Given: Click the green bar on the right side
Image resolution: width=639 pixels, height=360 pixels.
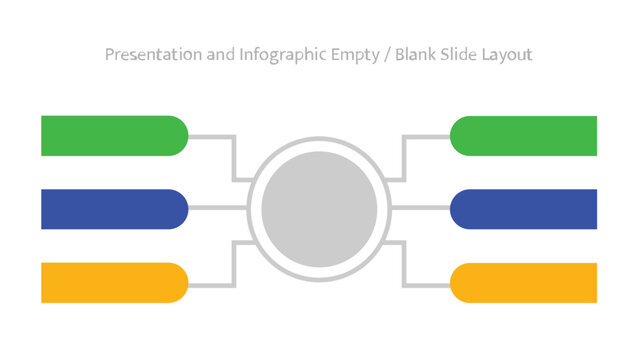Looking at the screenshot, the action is [524, 136].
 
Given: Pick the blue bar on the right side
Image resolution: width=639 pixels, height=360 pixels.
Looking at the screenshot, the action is [524, 209].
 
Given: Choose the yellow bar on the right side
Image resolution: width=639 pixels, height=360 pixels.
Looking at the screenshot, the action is [524, 282].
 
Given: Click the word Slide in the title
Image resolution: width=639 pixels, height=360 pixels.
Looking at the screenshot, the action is [464, 54].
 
